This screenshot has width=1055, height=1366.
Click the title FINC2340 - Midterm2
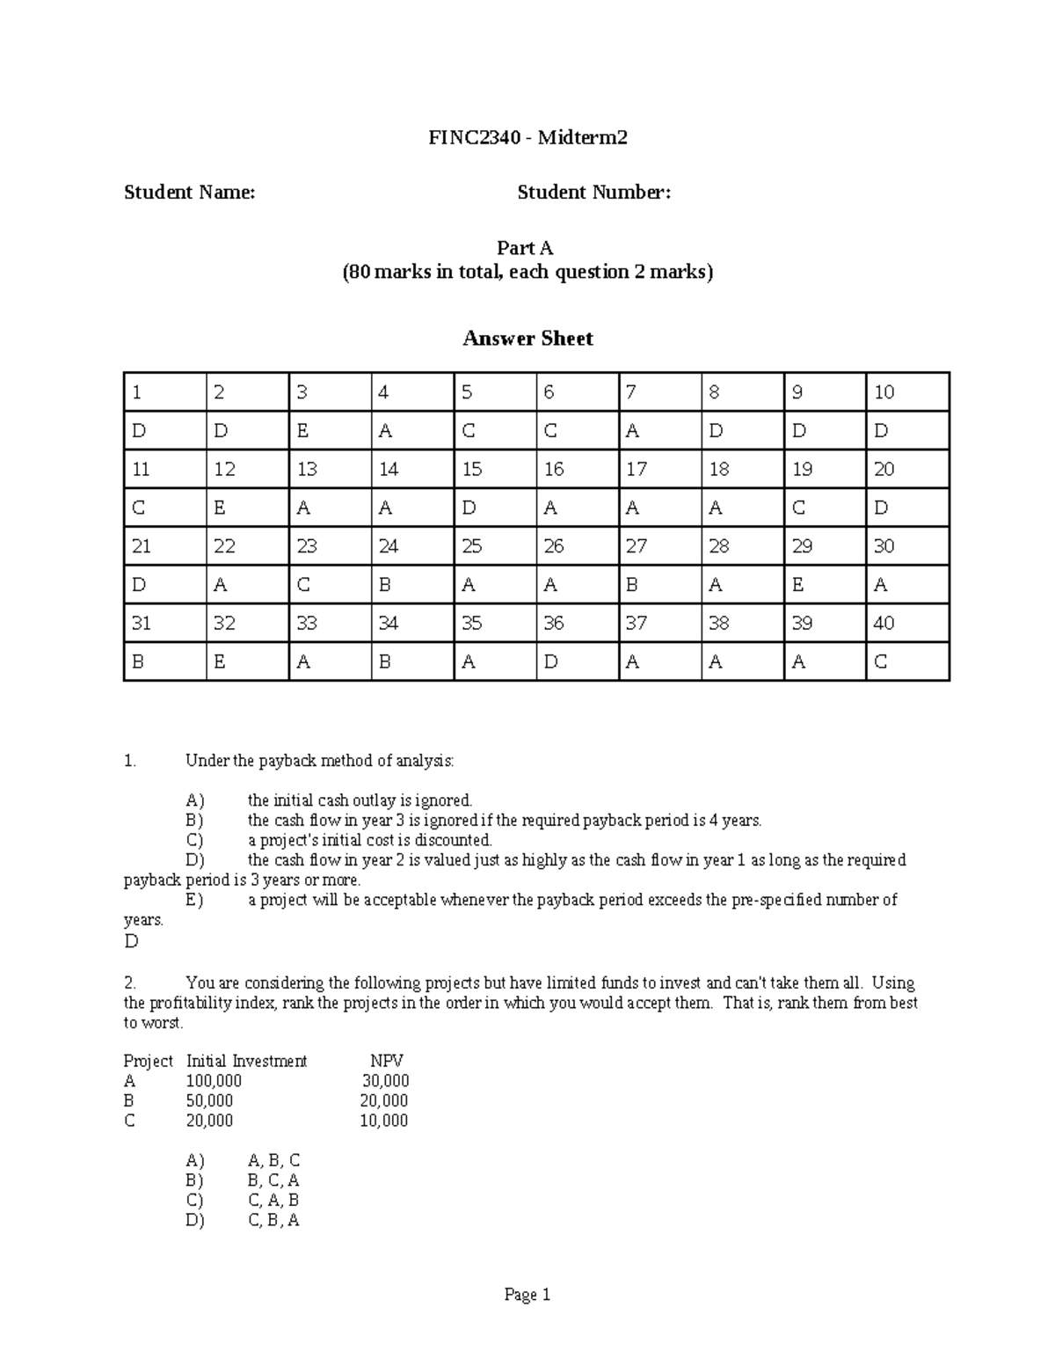[x=527, y=137]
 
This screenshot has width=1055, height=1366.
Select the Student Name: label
[x=189, y=192]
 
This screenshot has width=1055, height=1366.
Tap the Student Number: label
[x=593, y=192]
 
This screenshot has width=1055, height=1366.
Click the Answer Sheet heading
[x=527, y=339]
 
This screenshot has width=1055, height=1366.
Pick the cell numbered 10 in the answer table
[x=884, y=392]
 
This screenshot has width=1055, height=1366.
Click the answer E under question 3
[x=302, y=431]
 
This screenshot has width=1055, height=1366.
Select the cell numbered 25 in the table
[x=472, y=546]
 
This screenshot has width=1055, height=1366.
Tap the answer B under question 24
[x=384, y=585]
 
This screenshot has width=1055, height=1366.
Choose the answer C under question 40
[x=881, y=662]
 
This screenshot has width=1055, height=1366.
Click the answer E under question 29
[x=798, y=585]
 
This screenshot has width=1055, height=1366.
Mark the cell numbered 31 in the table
[x=141, y=624]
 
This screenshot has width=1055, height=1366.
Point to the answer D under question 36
[x=550, y=662]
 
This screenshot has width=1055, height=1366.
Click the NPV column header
[x=387, y=1061]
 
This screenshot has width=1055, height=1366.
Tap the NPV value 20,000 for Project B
[x=383, y=1100]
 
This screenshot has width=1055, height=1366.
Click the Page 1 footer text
[x=527, y=1294]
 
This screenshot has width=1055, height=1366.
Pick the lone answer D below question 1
[x=131, y=941]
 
